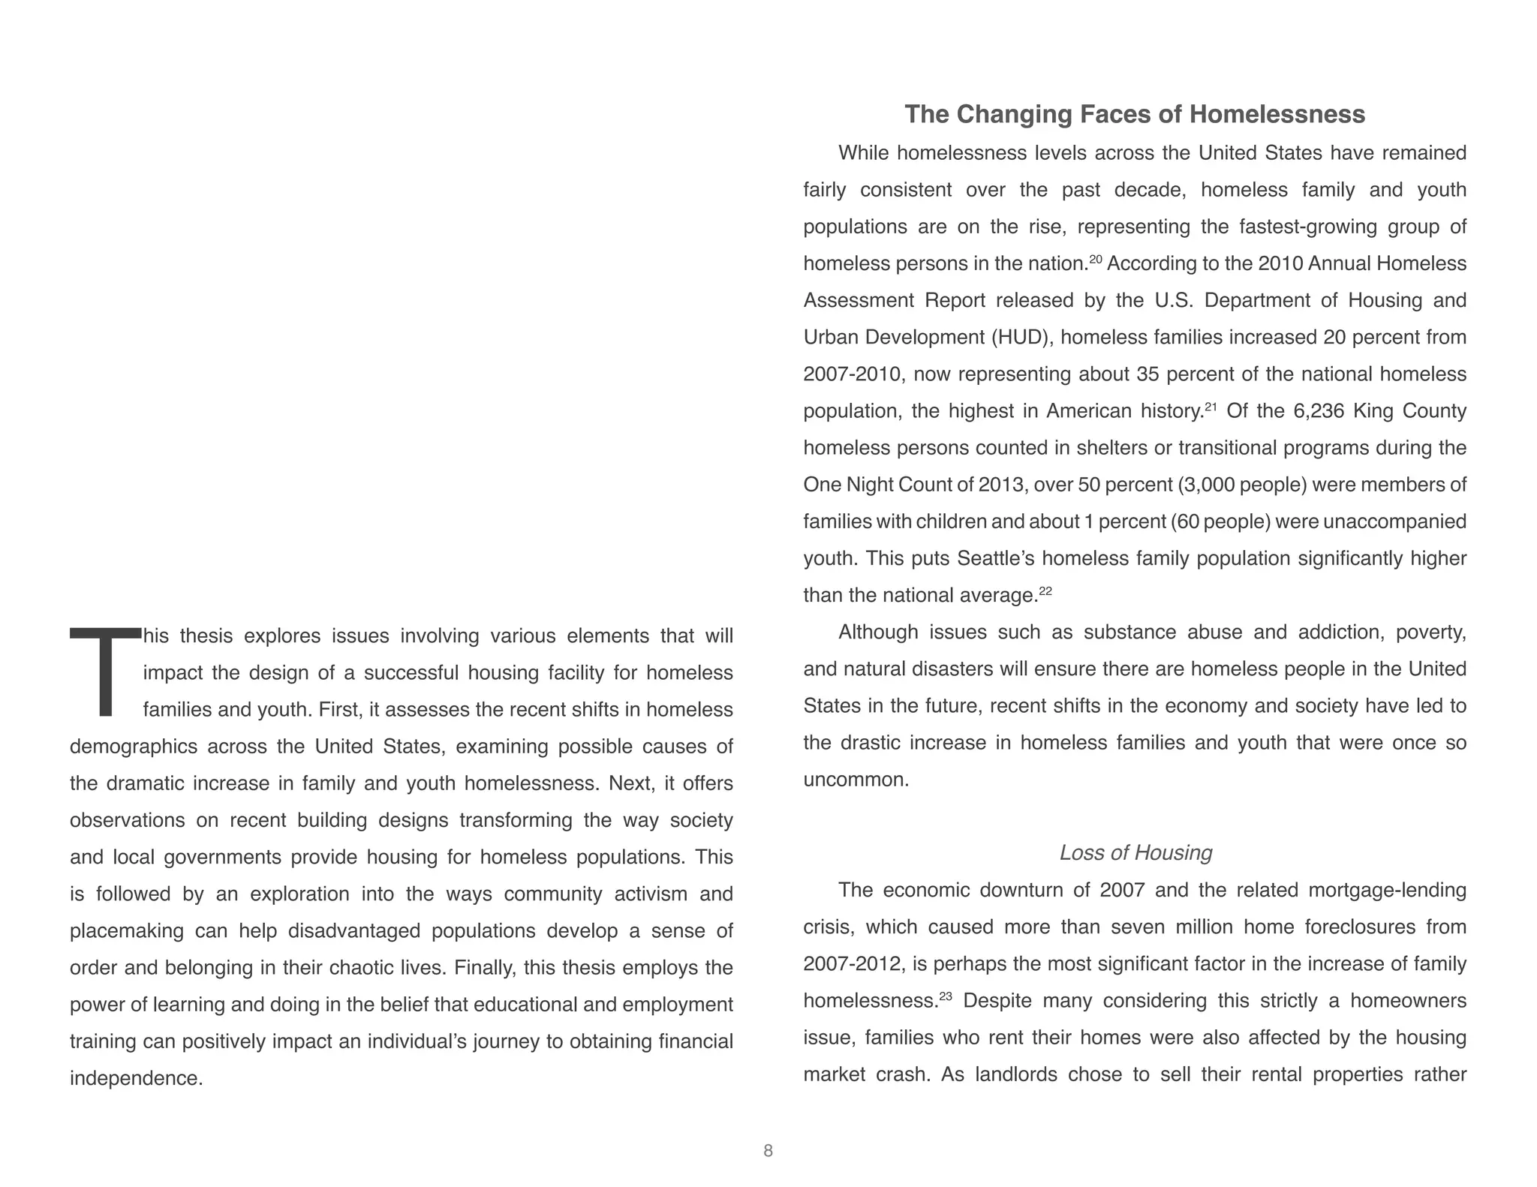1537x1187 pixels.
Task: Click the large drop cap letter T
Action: [105, 671]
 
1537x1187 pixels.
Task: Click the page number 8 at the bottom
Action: [768, 1151]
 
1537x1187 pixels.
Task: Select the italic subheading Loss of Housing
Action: [1135, 852]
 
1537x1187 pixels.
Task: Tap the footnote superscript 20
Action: [1095, 259]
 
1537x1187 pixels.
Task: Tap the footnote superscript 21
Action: [1211, 407]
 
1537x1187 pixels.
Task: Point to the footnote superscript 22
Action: [1045, 591]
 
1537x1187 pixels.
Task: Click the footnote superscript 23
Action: [945, 996]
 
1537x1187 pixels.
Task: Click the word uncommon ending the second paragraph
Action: [855, 780]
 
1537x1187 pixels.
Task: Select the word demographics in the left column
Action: [134, 747]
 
